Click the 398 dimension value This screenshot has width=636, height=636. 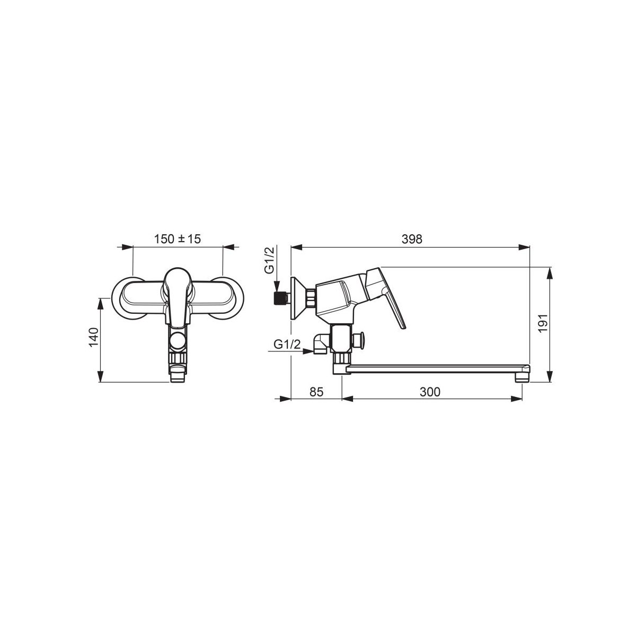point(412,239)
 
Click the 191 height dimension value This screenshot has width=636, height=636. point(543,323)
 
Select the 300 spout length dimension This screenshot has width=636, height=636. point(430,392)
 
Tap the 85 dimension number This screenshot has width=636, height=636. point(316,392)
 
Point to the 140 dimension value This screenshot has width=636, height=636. point(93,337)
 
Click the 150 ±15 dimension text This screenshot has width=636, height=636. point(177,238)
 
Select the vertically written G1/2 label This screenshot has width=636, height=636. point(270,260)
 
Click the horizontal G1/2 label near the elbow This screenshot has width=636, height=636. point(287,344)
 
